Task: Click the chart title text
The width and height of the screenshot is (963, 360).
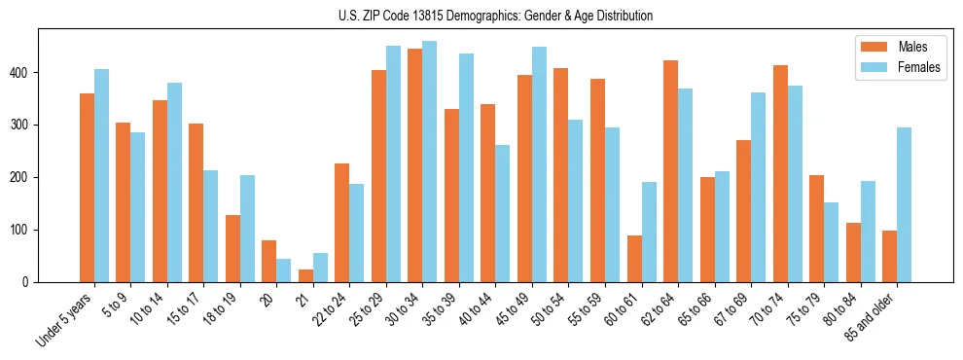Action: [481, 16]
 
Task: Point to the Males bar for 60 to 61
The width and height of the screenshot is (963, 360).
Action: [634, 259]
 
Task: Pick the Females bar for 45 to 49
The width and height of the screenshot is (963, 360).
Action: [540, 164]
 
